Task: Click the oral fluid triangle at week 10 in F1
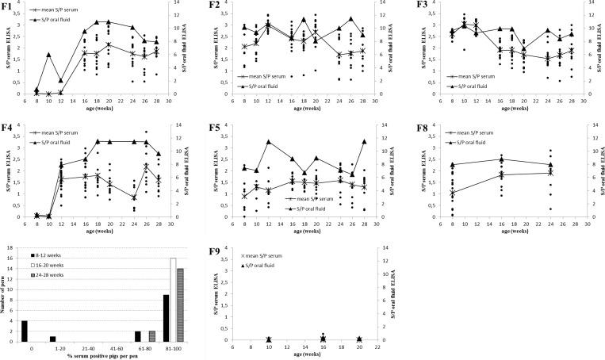point(49,55)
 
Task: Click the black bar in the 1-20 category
point(52,337)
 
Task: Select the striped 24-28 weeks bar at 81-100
point(180,305)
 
